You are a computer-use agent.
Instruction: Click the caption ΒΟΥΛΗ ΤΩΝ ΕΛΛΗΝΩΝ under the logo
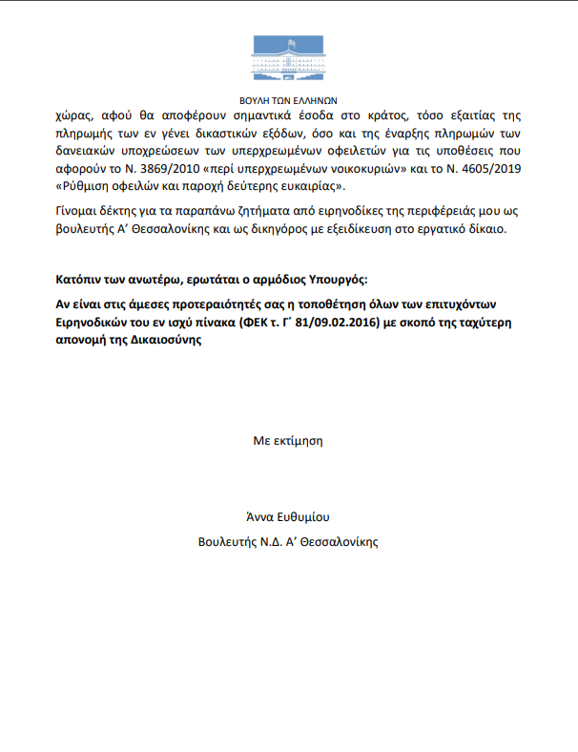pyautogui.click(x=287, y=99)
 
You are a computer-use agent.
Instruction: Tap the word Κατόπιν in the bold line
pyautogui.click(x=82, y=278)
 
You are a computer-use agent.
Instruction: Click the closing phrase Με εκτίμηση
pyautogui.click(x=287, y=441)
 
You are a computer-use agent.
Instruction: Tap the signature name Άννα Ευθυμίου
pyautogui.click(x=287, y=517)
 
